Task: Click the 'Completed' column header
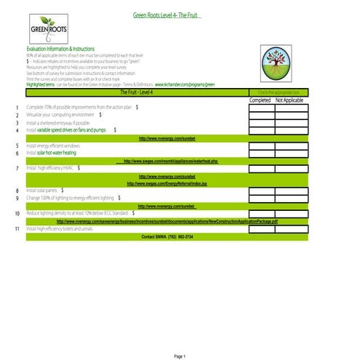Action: point(260,100)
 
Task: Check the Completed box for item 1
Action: point(260,108)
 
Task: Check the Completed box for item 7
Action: point(260,168)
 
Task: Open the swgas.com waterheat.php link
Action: point(168,161)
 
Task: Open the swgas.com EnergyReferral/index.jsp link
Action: point(168,183)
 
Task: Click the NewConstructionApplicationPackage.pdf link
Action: point(168,221)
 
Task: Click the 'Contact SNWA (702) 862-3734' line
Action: point(168,236)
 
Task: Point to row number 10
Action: point(17,214)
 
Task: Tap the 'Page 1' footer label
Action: point(180,336)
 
